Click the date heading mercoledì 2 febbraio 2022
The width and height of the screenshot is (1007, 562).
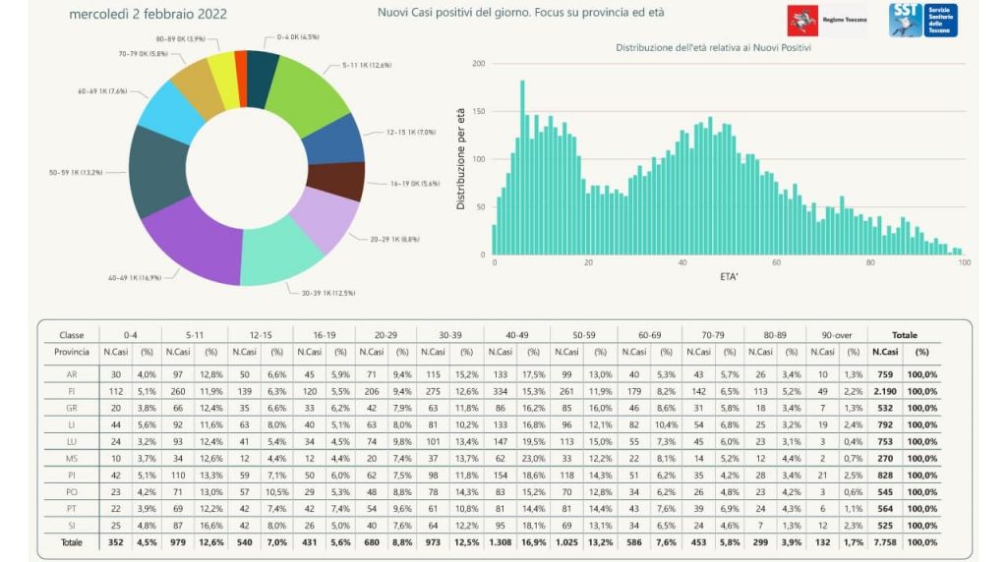[x=148, y=14]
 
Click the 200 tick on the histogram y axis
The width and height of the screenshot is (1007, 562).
[x=479, y=64]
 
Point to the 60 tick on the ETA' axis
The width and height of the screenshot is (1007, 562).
[x=776, y=263]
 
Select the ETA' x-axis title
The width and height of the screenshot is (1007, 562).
[x=728, y=277]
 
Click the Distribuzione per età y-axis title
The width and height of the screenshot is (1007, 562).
[x=461, y=159]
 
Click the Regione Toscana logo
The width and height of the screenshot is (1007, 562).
[x=826, y=20]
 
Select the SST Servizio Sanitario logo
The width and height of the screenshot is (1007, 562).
[x=922, y=20]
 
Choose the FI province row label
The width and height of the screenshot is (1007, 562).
[x=72, y=391]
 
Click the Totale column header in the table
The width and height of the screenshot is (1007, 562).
[x=904, y=335]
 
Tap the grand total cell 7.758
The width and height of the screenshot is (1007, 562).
[x=885, y=540]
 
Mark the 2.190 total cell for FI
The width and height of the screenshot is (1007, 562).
[x=885, y=391]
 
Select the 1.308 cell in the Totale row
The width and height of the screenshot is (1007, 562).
[x=501, y=540]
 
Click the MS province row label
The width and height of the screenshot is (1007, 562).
[x=72, y=458]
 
